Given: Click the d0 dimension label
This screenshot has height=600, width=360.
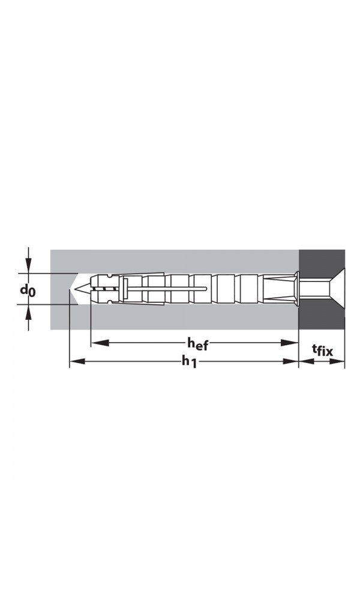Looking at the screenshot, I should (28, 291).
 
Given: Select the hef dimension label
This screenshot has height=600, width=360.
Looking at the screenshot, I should (197, 343).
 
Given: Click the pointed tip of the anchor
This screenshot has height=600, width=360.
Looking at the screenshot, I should (78, 290).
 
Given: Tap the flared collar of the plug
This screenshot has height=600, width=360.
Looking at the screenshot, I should (296, 289).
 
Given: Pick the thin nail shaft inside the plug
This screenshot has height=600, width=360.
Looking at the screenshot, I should (168, 289).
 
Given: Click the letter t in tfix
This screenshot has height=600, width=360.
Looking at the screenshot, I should (314, 349).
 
